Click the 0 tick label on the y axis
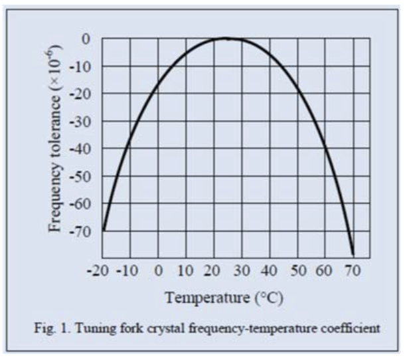pos(86,39)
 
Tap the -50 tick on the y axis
pos(82,177)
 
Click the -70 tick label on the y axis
pos(82,231)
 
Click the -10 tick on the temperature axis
pos(129,270)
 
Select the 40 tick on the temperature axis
pos(270,270)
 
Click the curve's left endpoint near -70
pos(104,230)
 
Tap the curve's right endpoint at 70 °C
pos(353,254)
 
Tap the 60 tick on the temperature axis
pos(325,270)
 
